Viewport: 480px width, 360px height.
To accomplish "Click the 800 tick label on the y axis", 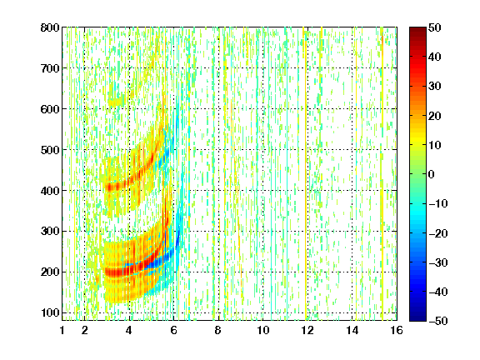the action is [50, 27].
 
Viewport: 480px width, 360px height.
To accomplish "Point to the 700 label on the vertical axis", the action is [50, 68].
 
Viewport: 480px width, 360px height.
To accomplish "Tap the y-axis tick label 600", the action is [50, 109].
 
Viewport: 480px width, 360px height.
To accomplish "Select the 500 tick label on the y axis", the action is [50, 150].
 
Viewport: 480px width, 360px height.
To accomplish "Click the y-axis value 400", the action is [50, 191].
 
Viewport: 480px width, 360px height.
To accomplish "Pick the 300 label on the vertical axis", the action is [50, 232].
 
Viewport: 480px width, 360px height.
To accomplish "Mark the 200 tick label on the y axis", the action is [50, 272].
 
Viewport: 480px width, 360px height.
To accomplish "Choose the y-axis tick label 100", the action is [50, 312].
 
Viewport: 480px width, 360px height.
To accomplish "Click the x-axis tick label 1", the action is [62, 330].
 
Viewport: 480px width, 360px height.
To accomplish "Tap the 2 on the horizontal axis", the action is [85, 330].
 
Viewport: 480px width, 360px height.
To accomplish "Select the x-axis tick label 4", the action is [129, 330].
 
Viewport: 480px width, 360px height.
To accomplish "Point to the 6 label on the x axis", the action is [174, 330].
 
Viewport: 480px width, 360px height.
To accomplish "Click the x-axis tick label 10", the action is [263, 330].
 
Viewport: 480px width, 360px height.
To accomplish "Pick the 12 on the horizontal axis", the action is [307, 330].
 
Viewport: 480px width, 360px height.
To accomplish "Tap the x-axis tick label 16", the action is [397, 330].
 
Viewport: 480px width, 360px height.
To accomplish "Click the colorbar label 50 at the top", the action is [434, 27].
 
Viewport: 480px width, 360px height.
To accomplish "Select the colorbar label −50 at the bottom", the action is [438, 321].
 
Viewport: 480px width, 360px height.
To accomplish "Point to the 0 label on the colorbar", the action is [432, 174].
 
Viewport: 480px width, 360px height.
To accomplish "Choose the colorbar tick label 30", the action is [434, 87].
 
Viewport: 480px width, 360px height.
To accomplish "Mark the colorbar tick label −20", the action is [438, 233].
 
